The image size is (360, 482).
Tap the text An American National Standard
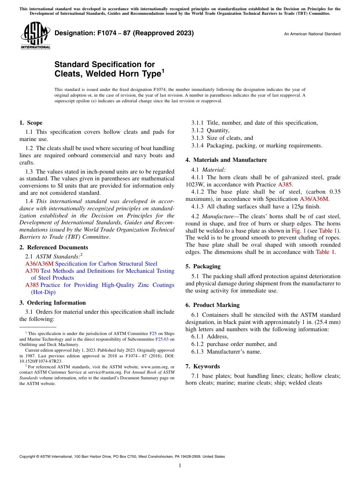[312, 34]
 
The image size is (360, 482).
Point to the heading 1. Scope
[31, 123]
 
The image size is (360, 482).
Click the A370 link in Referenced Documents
[32, 271]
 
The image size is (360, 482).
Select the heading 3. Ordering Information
[52, 303]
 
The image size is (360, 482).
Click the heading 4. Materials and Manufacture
[226, 160]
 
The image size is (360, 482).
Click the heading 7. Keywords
[202, 366]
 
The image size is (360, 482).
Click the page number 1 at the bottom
[180, 465]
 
